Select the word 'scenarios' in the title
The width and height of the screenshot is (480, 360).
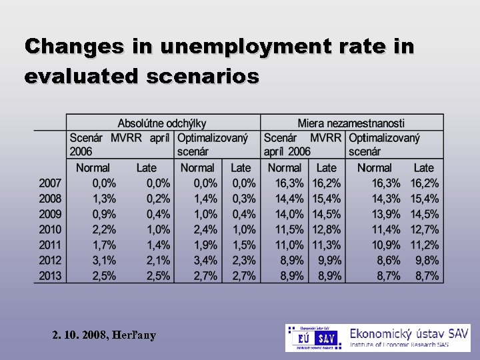(x=197, y=77)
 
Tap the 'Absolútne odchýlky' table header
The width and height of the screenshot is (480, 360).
(x=162, y=123)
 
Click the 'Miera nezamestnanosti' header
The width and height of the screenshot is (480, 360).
(x=351, y=123)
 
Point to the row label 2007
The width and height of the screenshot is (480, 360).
(x=50, y=183)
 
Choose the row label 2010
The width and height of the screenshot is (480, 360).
(x=50, y=230)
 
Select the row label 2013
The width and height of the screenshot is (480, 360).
(x=50, y=276)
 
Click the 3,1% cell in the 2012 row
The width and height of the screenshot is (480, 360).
(x=104, y=261)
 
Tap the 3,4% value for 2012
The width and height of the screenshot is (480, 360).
(x=205, y=261)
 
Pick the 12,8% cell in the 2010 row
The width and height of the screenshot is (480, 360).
(x=327, y=230)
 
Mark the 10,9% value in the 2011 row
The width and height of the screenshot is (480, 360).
(x=386, y=245)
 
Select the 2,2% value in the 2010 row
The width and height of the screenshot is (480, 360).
(x=104, y=230)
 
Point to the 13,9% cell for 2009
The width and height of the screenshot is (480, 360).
(x=386, y=215)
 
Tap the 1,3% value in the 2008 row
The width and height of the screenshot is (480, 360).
(x=104, y=199)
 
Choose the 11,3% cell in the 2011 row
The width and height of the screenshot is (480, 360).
(x=327, y=245)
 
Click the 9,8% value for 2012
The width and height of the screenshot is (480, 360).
(x=425, y=261)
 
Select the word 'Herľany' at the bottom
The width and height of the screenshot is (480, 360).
(x=135, y=335)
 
